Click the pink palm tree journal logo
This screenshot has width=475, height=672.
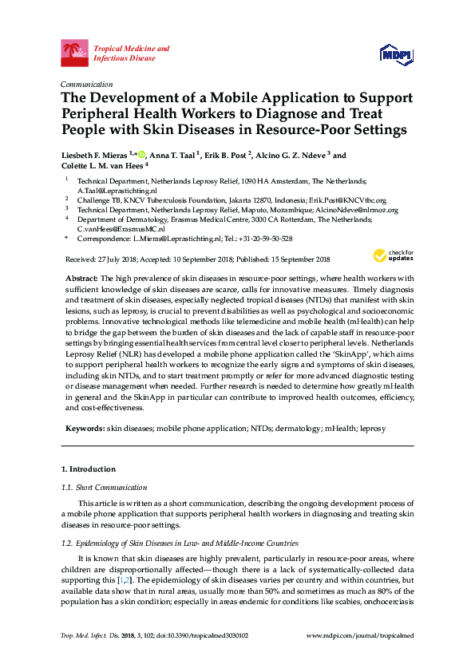(x=75, y=53)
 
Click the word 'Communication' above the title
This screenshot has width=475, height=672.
(x=86, y=84)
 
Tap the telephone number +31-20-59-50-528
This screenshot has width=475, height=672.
(x=266, y=239)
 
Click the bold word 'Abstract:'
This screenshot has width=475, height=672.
(x=81, y=275)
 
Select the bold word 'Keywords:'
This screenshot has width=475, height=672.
(x=84, y=429)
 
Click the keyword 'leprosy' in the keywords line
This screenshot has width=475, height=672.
(x=371, y=429)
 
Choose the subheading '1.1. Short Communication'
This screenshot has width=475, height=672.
(x=101, y=487)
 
